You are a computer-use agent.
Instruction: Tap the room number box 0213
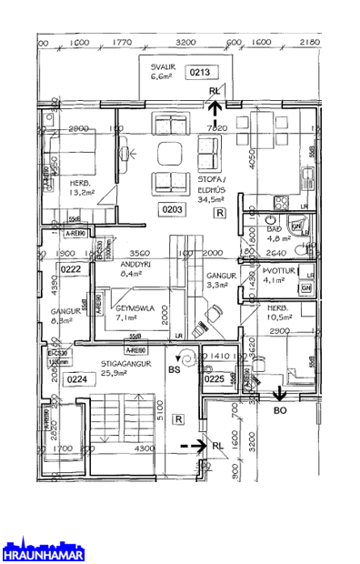pos(200,71)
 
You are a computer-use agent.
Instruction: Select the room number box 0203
pos(173,210)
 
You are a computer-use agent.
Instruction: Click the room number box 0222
pos(72,269)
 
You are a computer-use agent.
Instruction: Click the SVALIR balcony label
pos(162,66)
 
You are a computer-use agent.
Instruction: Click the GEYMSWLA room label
pos(134,308)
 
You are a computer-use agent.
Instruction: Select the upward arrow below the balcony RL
pos(215,111)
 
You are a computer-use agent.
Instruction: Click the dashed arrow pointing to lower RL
pos(191,446)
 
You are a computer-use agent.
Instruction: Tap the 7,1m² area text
pos(125,318)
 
